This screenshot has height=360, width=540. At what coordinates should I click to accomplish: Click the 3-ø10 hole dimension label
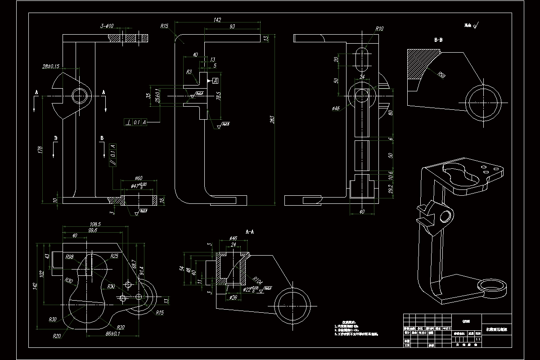[107, 27]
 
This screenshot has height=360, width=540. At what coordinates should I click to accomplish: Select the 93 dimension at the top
[232, 27]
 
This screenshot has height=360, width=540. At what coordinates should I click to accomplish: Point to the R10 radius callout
[379, 29]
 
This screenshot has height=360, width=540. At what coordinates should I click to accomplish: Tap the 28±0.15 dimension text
[51, 66]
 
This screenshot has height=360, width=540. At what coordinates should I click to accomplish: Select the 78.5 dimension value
[218, 96]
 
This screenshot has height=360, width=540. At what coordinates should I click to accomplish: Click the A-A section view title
[250, 231]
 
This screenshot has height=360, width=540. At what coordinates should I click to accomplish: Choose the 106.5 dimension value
[95, 224]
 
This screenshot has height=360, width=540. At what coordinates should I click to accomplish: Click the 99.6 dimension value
[93, 230]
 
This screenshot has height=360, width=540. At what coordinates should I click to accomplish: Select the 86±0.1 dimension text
[100, 334]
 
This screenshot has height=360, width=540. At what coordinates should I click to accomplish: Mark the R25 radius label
[114, 256]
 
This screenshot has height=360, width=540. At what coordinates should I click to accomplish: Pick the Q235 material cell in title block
[466, 321]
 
